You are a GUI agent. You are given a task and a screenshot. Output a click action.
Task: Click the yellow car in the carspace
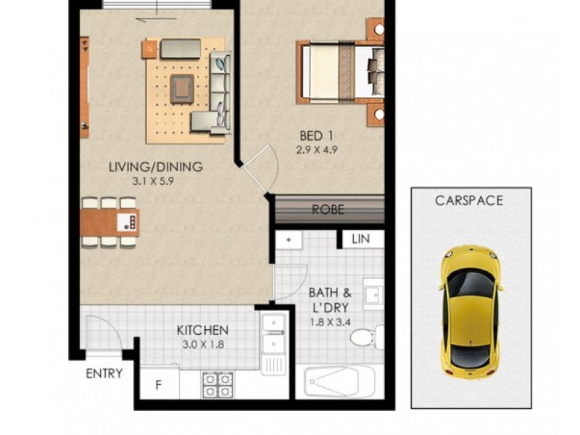point(471,312)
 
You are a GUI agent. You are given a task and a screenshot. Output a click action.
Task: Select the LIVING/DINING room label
point(155,167)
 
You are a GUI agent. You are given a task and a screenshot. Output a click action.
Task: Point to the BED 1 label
point(318,136)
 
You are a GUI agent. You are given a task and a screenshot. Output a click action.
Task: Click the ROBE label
point(328,210)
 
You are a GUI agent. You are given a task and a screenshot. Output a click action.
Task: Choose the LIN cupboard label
point(360,239)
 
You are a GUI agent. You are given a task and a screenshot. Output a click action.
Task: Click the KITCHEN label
point(203,330)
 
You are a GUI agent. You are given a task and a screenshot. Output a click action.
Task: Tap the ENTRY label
point(104,374)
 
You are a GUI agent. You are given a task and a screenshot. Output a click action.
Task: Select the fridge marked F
point(159,385)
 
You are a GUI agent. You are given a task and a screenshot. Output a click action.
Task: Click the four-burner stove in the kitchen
point(217,384)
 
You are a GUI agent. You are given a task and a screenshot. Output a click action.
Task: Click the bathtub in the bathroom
point(339,381)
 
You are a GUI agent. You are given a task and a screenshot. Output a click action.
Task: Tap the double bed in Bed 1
point(339,72)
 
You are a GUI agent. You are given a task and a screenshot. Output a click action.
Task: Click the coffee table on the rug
point(181,88)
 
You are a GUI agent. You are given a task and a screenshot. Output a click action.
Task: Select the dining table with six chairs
point(109,221)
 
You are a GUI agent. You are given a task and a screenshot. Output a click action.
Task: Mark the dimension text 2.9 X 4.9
point(318,151)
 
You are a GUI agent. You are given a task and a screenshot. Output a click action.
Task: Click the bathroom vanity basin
point(373,294)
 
